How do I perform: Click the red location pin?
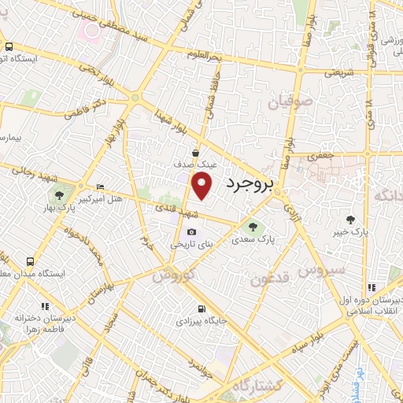click(203, 185)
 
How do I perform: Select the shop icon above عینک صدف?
click(195, 154)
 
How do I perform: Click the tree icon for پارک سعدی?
click(252, 227)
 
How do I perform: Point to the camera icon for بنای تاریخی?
click(192, 231)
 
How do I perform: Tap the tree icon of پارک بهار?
click(57, 194)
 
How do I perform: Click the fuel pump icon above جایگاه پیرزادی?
click(203, 308)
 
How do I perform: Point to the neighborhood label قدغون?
click(272, 278)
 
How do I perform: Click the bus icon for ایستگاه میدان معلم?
click(30, 261)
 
